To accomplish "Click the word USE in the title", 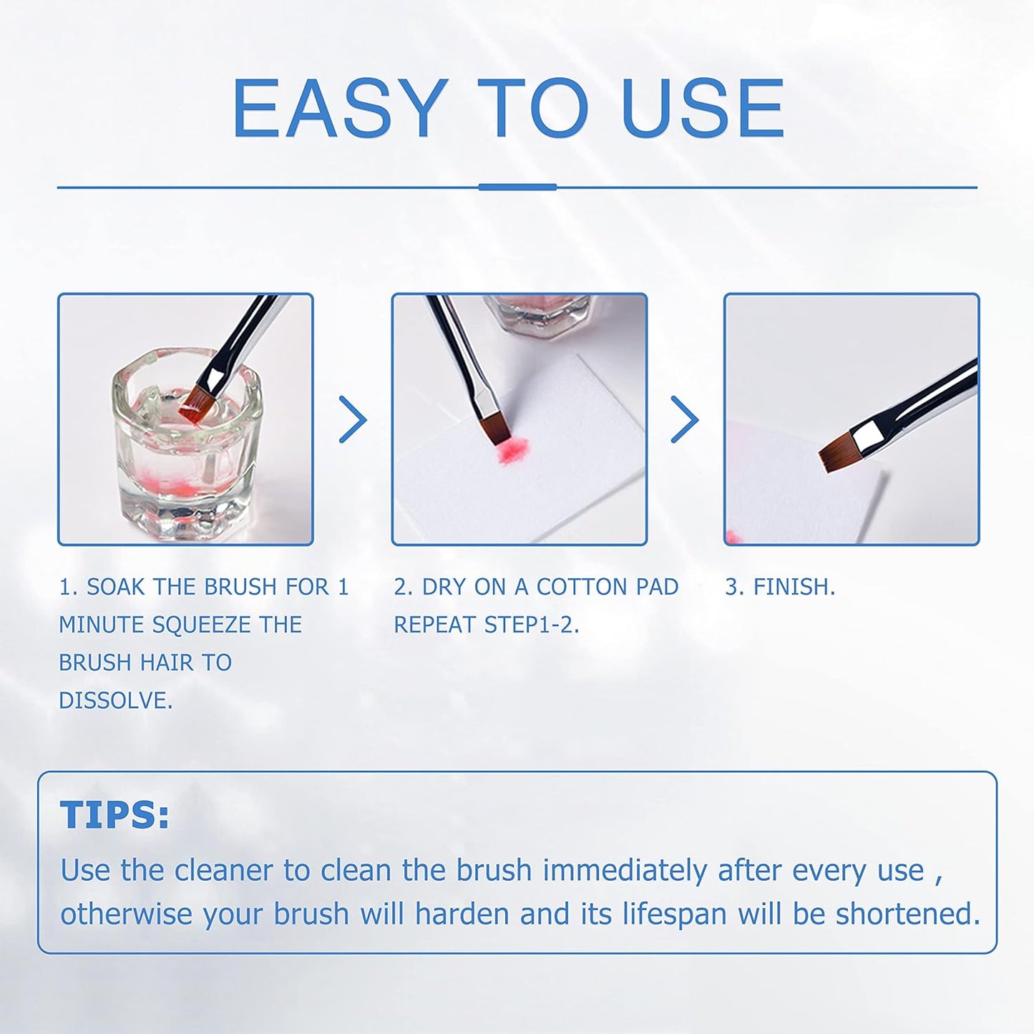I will point(703,108).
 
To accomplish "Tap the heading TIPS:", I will point(114,815).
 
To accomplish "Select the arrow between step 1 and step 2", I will point(352,419).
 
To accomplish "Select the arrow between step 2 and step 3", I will point(685,419).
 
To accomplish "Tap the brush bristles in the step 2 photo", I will point(496,428).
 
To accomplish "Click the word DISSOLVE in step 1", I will point(115,701).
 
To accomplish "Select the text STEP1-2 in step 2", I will point(530,625).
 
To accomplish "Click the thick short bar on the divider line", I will point(517,187).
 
